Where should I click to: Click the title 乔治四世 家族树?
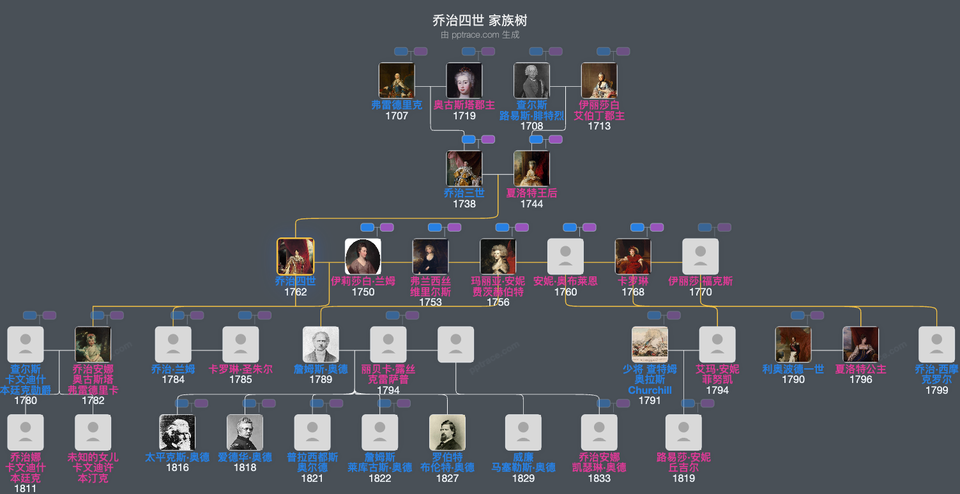[x=480, y=20]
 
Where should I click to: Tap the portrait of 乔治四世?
[x=295, y=257]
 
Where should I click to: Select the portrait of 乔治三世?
[x=464, y=168]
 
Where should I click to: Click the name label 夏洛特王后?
[x=531, y=193]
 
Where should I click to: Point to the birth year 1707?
[x=397, y=116]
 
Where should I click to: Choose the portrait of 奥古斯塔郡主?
[x=464, y=80]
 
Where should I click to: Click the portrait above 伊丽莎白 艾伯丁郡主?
[x=599, y=80]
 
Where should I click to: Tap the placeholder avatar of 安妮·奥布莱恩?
[x=565, y=257]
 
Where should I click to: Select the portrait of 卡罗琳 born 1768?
[x=633, y=257]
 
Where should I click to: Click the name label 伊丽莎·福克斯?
[x=701, y=281]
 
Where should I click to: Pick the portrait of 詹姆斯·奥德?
[x=321, y=345]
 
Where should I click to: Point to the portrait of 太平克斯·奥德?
[x=178, y=433]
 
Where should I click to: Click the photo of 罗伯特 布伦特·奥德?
[x=447, y=433]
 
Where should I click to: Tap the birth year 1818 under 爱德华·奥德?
[x=245, y=467]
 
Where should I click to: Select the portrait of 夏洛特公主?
[x=860, y=345]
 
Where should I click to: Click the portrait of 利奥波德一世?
[x=793, y=345]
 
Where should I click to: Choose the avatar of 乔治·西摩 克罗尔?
[x=936, y=345]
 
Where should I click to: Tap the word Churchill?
[x=650, y=390]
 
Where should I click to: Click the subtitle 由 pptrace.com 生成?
[x=480, y=35]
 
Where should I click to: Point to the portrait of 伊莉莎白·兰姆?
[x=363, y=257]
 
